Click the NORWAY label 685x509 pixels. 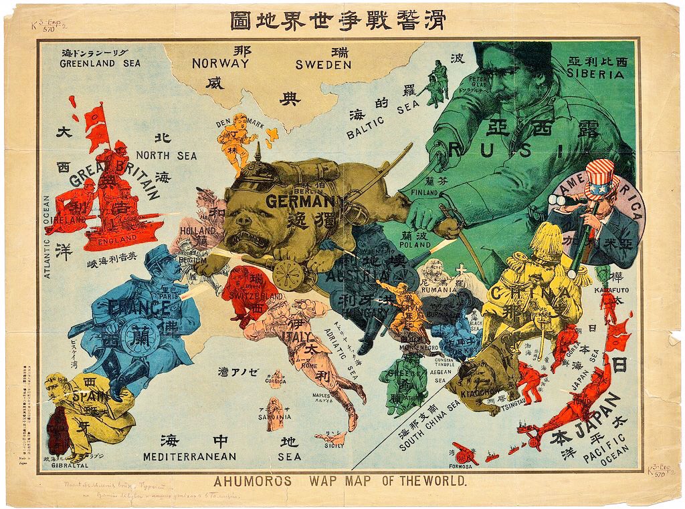click(x=220, y=64)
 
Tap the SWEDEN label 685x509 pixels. click(x=323, y=65)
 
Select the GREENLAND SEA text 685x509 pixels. click(x=100, y=64)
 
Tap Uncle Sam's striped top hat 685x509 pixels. click(x=600, y=179)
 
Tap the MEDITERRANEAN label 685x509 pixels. click(x=189, y=457)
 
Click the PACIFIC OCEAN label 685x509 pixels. click(x=605, y=448)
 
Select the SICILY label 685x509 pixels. click(x=335, y=446)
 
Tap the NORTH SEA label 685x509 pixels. click(x=167, y=156)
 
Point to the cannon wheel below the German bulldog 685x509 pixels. click(x=288, y=274)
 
